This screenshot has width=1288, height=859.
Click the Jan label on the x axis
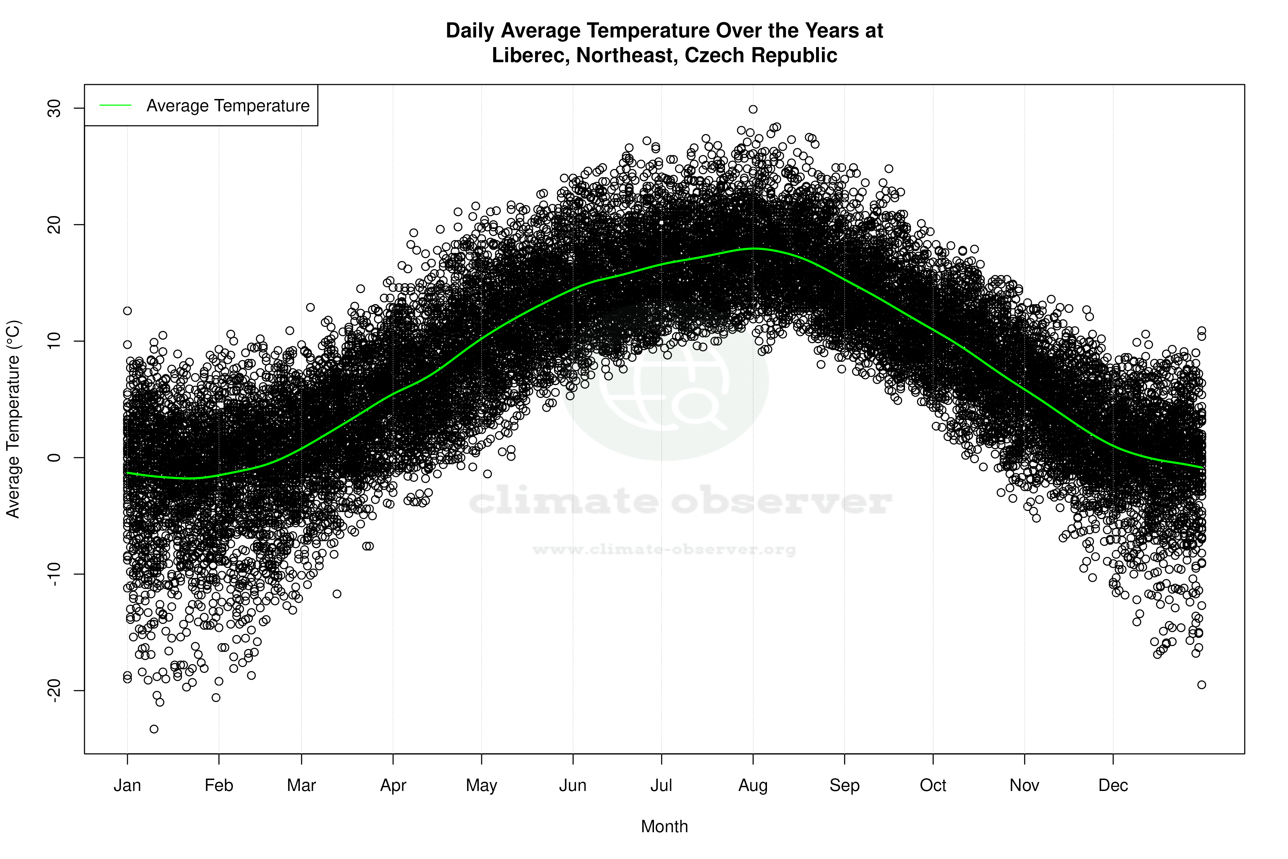(x=127, y=785)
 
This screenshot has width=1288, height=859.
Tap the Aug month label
(x=753, y=785)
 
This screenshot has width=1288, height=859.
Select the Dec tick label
(x=1113, y=785)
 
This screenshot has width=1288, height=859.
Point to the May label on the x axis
(x=481, y=785)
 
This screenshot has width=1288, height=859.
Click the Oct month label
(x=933, y=785)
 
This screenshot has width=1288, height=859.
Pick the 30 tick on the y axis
(x=55, y=109)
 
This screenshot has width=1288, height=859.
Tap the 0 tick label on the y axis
(x=55, y=457)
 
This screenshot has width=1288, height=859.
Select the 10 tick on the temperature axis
(x=55, y=341)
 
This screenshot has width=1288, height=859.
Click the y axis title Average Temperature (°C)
(x=13, y=419)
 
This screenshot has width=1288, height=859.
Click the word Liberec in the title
(x=529, y=55)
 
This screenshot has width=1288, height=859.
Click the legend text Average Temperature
(x=228, y=106)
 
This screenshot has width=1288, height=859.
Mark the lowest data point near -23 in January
(x=154, y=729)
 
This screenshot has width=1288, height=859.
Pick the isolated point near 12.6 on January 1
(x=127, y=311)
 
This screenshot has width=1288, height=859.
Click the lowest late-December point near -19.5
(x=1201, y=685)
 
